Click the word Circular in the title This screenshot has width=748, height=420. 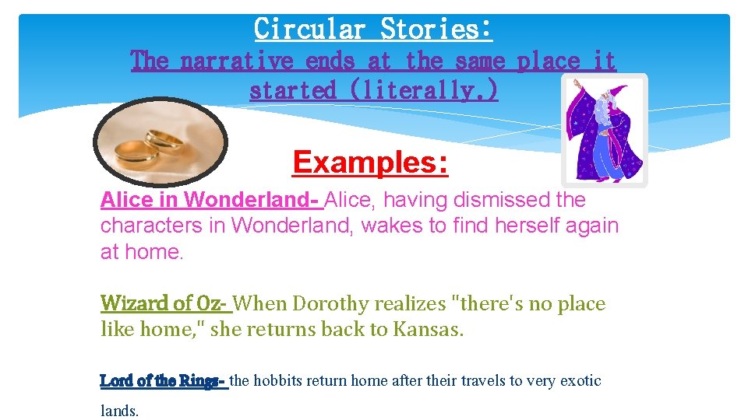[x=309, y=29]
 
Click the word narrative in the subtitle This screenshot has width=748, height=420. [x=235, y=60]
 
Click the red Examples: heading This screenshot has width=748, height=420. [x=370, y=163]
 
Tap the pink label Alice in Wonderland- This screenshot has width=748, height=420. [x=210, y=200]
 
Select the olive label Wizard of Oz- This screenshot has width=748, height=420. [x=164, y=303]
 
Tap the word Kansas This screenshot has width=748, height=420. [x=428, y=329]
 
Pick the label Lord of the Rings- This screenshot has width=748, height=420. [x=163, y=381]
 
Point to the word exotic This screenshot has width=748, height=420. [x=580, y=381]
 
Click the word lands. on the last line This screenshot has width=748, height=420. [x=120, y=411]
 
